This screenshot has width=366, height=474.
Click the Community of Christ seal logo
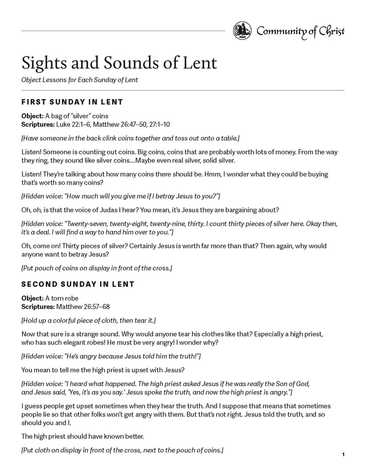tap(242, 31)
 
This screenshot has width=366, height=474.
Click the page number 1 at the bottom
tap(343, 455)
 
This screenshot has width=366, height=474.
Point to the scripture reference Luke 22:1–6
tap(73, 125)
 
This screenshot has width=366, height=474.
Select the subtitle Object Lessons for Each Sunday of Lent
tap(80, 80)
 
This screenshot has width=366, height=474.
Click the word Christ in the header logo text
tap(330, 31)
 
